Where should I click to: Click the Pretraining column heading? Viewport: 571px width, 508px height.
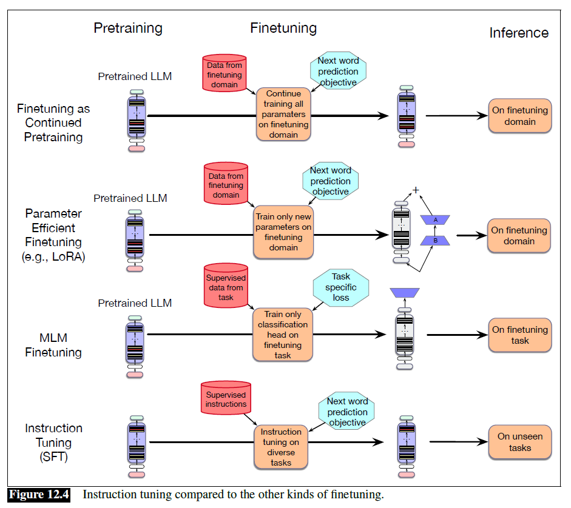click(x=127, y=28)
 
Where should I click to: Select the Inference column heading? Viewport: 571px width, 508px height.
click(x=519, y=33)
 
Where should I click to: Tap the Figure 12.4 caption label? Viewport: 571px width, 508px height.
click(x=39, y=495)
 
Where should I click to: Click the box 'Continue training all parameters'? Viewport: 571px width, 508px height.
click(x=283, y=114)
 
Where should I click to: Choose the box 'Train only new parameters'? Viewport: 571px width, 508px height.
click(x=283, y=232)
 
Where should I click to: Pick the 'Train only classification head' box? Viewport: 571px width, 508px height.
click(x=283, y=335)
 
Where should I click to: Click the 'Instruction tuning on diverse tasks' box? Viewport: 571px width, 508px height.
click(x=281, y=447)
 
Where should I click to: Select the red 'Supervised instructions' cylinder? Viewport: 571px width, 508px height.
click(x=226, y=399)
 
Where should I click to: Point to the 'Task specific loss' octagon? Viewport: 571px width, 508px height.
click(x=341, y=287)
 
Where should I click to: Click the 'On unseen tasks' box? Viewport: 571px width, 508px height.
click(x=520, y=442)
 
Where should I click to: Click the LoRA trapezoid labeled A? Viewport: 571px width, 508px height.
click(x=435, y=219)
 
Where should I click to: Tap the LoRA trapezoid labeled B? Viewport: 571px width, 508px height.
click(x=435, y=240)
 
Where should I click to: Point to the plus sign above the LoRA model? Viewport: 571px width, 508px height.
click(x=416, y=190)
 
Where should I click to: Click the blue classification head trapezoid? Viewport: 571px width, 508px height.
click(x=405, y=293)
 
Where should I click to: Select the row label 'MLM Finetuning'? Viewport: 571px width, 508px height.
click(x=53, y=344)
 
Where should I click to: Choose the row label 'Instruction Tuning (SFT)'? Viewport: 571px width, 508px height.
click(x=53, y=443)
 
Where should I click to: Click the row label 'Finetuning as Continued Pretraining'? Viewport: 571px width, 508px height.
click(x=53, y=123)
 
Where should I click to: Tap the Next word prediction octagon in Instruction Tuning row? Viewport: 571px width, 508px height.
click(x=347, y=412)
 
